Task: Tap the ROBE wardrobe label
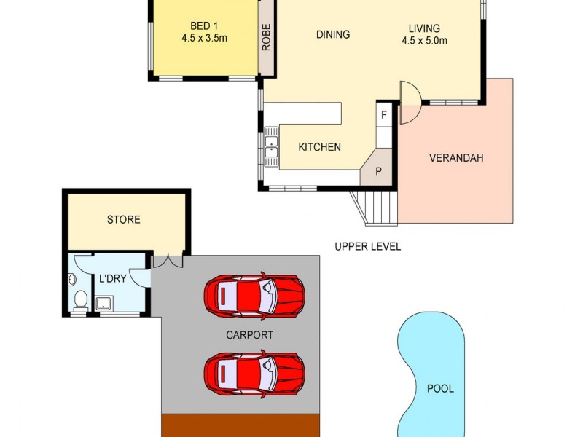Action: [x=266, y=39]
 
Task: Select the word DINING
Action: [x=333, y=34]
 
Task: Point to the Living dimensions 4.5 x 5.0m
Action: [x=424, y=41]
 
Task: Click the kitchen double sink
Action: [x=271, y=146]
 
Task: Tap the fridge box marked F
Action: [x=384, y=115]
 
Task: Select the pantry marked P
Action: [x=378, y=172]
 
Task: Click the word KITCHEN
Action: [x=319, y=147]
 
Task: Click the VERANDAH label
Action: [x=456, y=157]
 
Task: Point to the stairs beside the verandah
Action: [x=376, y=206]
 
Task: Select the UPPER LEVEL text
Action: [x=367, y=246]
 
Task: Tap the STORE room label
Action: [x=123, y=219]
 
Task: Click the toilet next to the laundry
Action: [x=80, y=299]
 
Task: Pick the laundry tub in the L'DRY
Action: [x=104, y=302]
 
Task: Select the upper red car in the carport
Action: [x=254, y=296]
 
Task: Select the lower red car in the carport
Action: [x=254, y=373]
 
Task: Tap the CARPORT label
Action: [x=249, y=335]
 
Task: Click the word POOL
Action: [x=439, y=388]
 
